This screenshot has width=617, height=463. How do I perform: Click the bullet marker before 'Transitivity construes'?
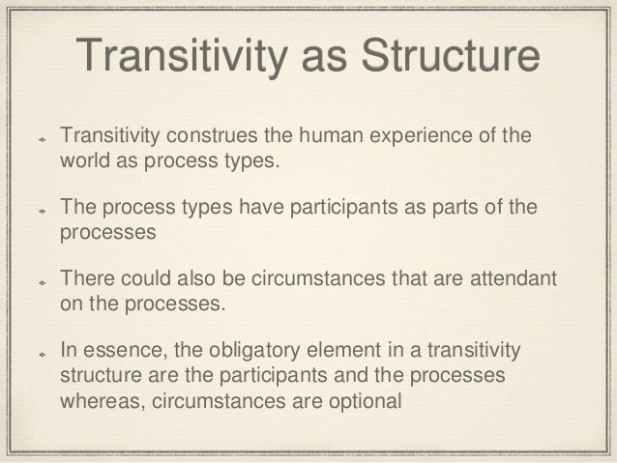coord(41,136)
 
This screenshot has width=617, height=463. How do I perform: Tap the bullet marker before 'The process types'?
coord(41,209)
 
